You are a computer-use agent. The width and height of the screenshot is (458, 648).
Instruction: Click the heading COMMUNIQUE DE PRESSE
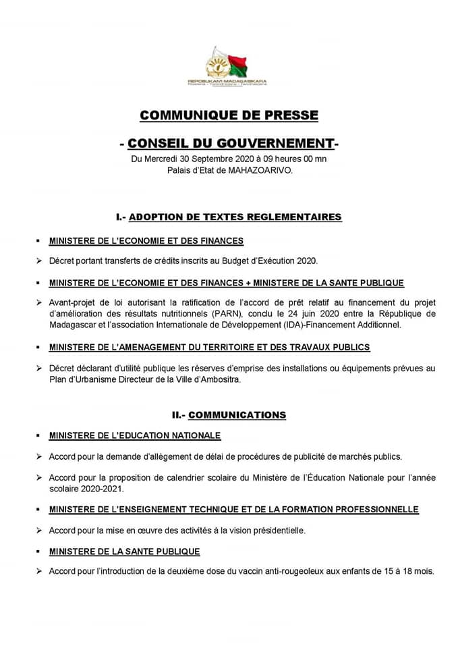pyautogui.click(x=229, y=115)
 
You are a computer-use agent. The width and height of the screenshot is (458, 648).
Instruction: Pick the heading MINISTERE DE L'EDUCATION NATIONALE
pyautogui.click(x=135, y=435)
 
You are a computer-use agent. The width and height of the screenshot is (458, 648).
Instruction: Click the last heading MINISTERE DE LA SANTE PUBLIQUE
pyautogui.click(x=125, y=551)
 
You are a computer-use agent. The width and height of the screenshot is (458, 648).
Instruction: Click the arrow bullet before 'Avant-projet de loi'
pyautogui.click(x=39, y=303)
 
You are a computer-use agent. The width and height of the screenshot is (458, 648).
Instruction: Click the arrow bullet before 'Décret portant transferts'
pyautogui.click(x=39, y=261)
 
